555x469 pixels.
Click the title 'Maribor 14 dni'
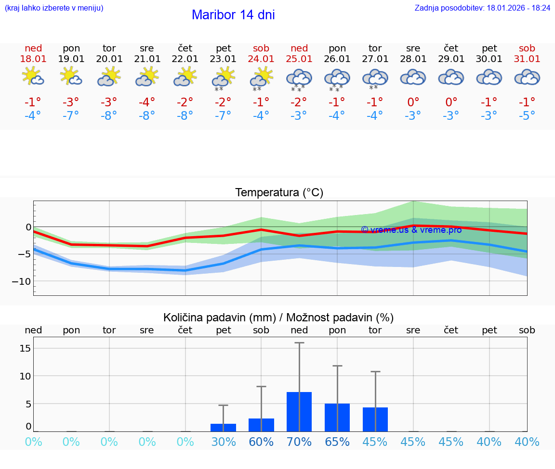click(x=233, y=15)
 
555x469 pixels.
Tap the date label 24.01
click(x=261, y=59)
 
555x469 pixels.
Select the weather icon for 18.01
click(x=33, y=76)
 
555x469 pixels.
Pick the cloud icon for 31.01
click(x=527, y=77)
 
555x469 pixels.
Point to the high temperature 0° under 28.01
click(x=413, y=102)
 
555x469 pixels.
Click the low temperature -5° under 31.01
click(x=527, y=116)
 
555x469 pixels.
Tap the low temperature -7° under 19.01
click(x=71, y=116)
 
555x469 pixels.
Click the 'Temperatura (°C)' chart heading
click(x=279, y=193)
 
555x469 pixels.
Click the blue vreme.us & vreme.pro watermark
click(x=411, y=230)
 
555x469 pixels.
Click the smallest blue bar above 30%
click(x=224, y=427)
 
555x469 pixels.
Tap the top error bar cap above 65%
click(x=337, y=366)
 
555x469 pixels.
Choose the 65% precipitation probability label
click(x=337, y=442)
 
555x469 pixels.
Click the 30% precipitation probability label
click(x=224, y=442)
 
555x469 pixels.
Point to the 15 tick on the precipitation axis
click(x=26, y=348)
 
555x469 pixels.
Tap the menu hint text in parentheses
click(x=54, y=8)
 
